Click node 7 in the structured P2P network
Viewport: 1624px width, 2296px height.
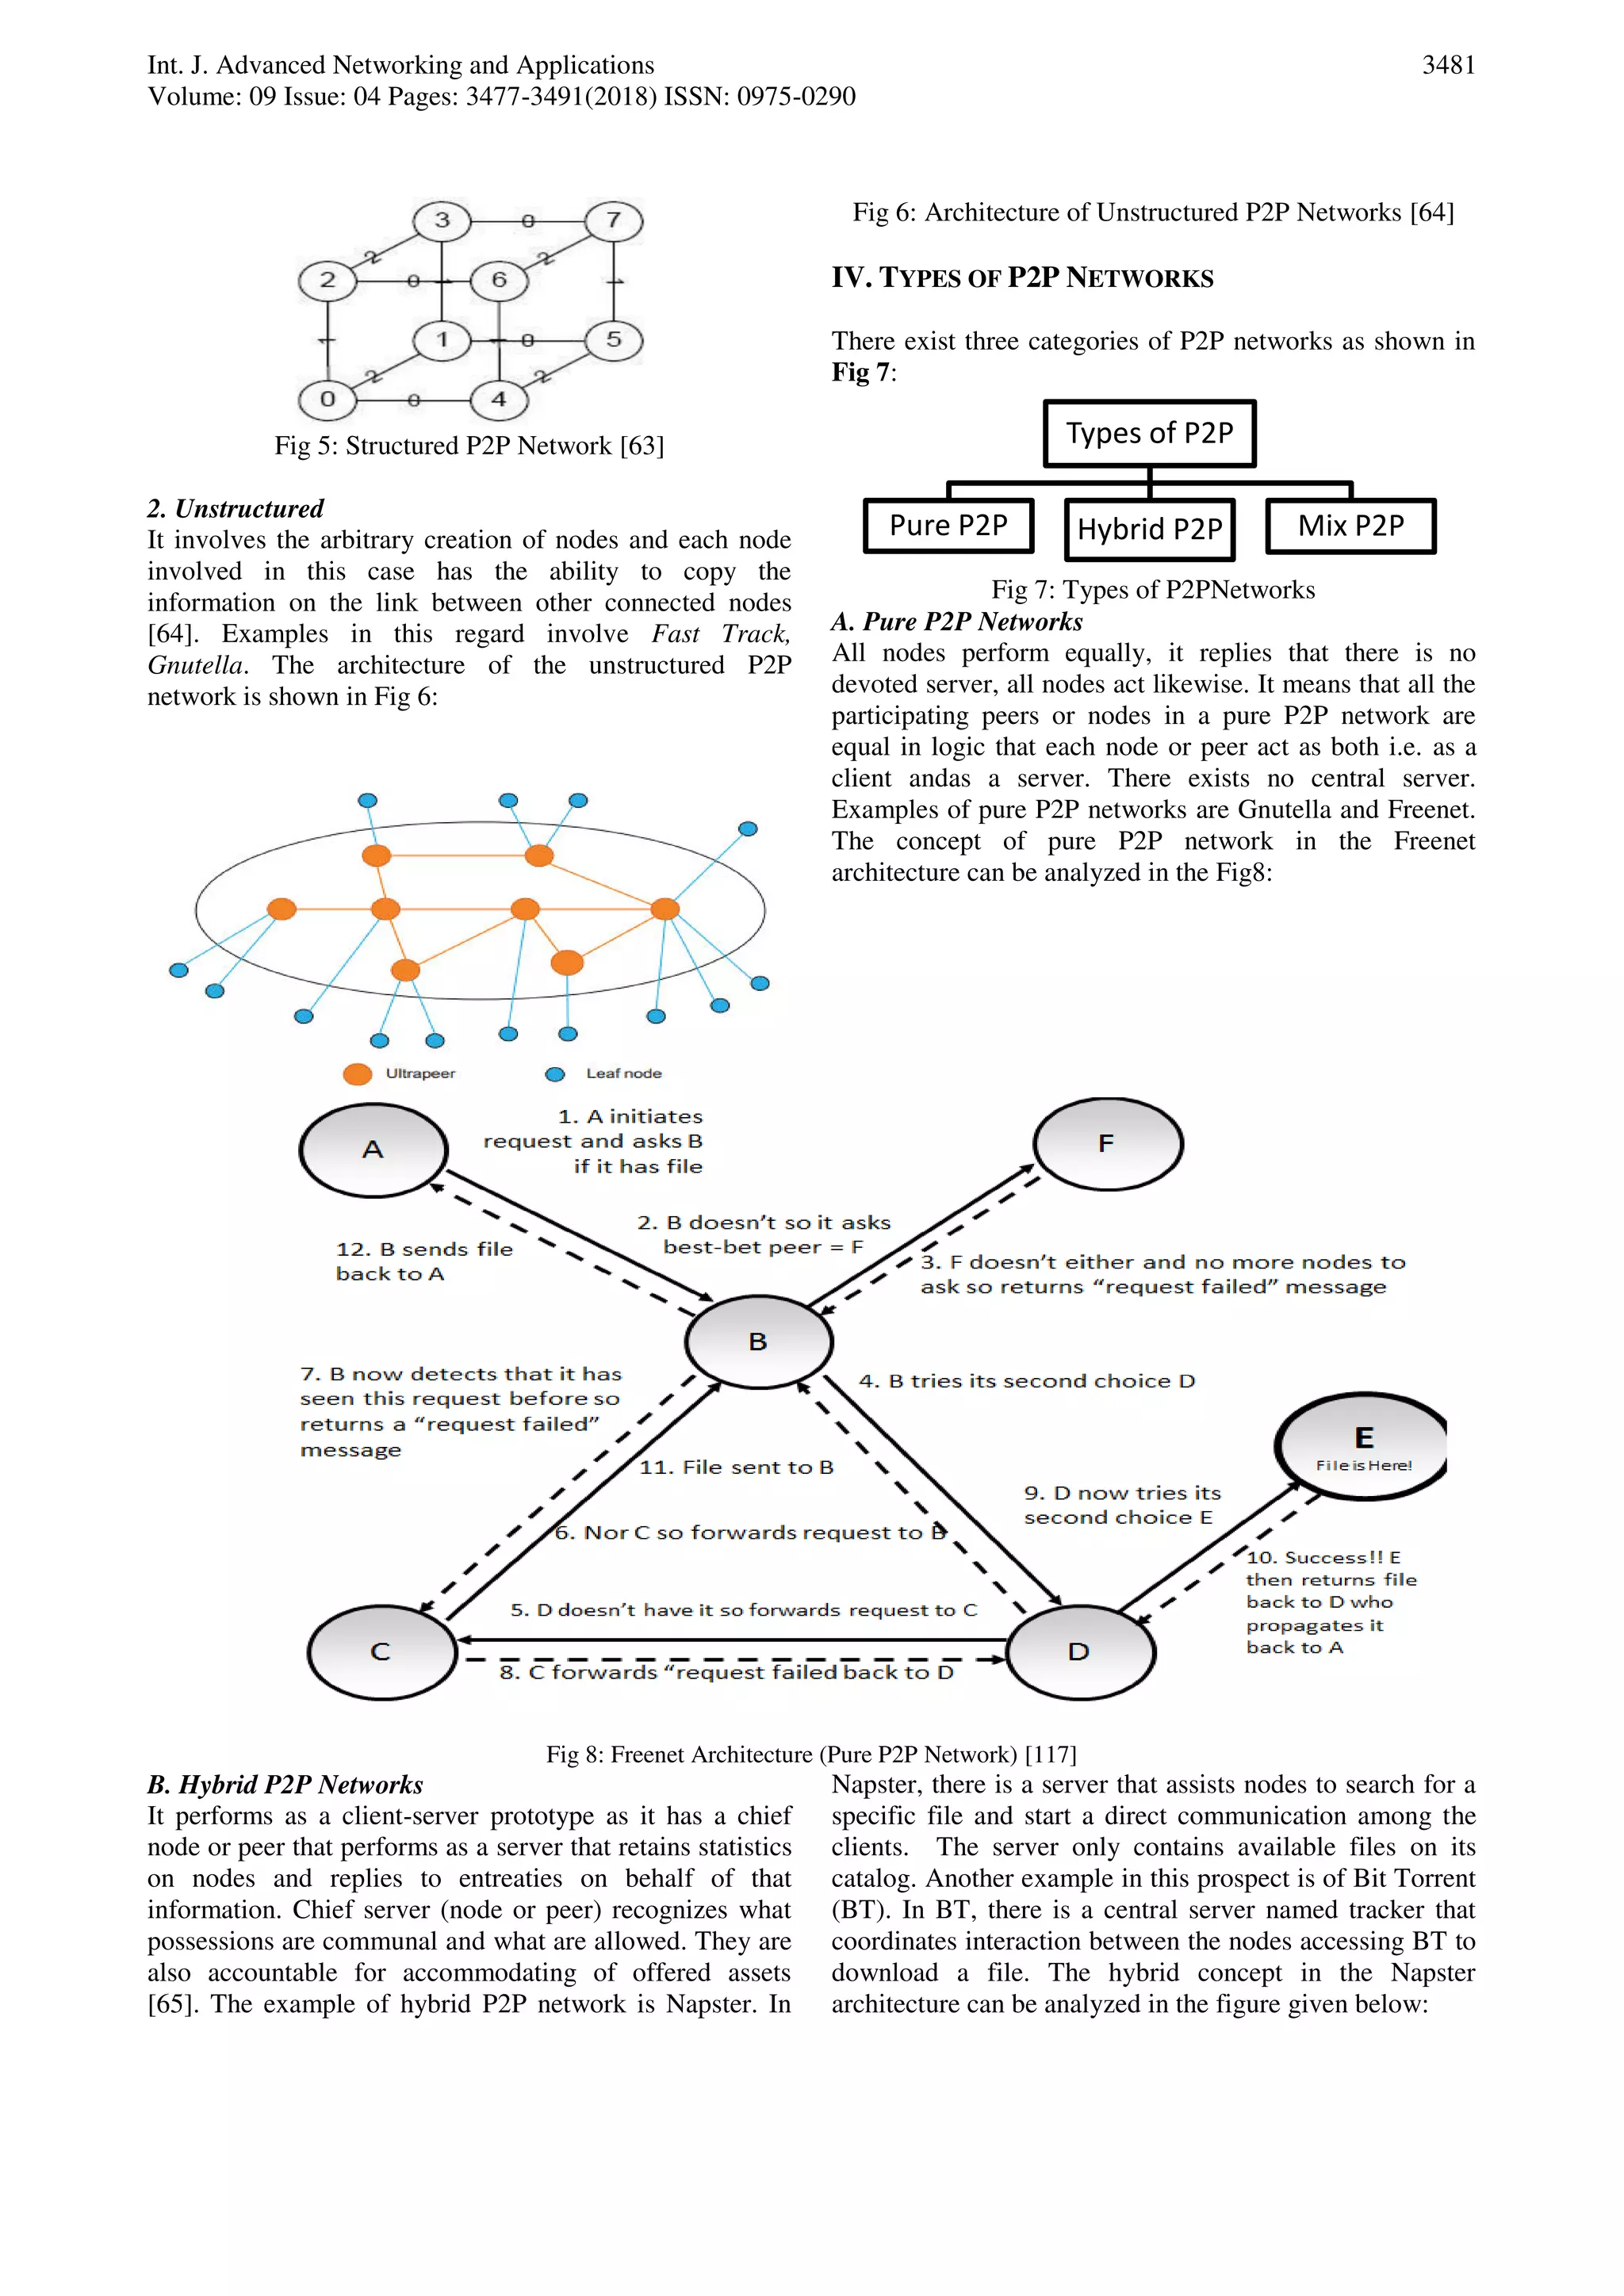click(x=614, y=220)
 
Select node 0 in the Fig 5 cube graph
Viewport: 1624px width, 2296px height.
click(x=327, y=399)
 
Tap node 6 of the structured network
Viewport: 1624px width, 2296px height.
click(x=499, y=280)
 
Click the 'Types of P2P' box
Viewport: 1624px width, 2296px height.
click(x=1149, y=433)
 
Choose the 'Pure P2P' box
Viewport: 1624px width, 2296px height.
click(x=948, y=526)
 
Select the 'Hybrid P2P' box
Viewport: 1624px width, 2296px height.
click(x=1149, y=529)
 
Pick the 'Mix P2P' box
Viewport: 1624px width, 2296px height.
click(x=1350, y=526)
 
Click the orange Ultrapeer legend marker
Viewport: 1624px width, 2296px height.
click(x=357, y=1074)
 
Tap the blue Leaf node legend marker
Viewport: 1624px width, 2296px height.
click(x=555, y=1074)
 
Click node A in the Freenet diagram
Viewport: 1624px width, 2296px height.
click(x=373, y=1150)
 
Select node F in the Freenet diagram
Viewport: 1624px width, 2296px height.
click(x=1107, y=1144)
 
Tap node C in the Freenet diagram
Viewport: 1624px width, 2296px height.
click(x=381, y=1652)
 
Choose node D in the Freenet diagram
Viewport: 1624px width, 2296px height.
click(x=1080, y=1652)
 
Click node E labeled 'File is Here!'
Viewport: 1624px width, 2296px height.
click(x=1362, y=1445)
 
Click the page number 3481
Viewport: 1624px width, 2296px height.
click(x=1448, y=65)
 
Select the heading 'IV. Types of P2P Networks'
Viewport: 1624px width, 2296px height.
click(x=1022, y=278)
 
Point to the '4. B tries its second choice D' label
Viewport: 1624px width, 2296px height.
click(x=1026, y=1381)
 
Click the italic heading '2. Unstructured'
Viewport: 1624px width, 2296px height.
click(x=236, y=509)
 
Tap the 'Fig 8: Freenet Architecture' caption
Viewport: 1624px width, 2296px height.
click(x=811, y=1754)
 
